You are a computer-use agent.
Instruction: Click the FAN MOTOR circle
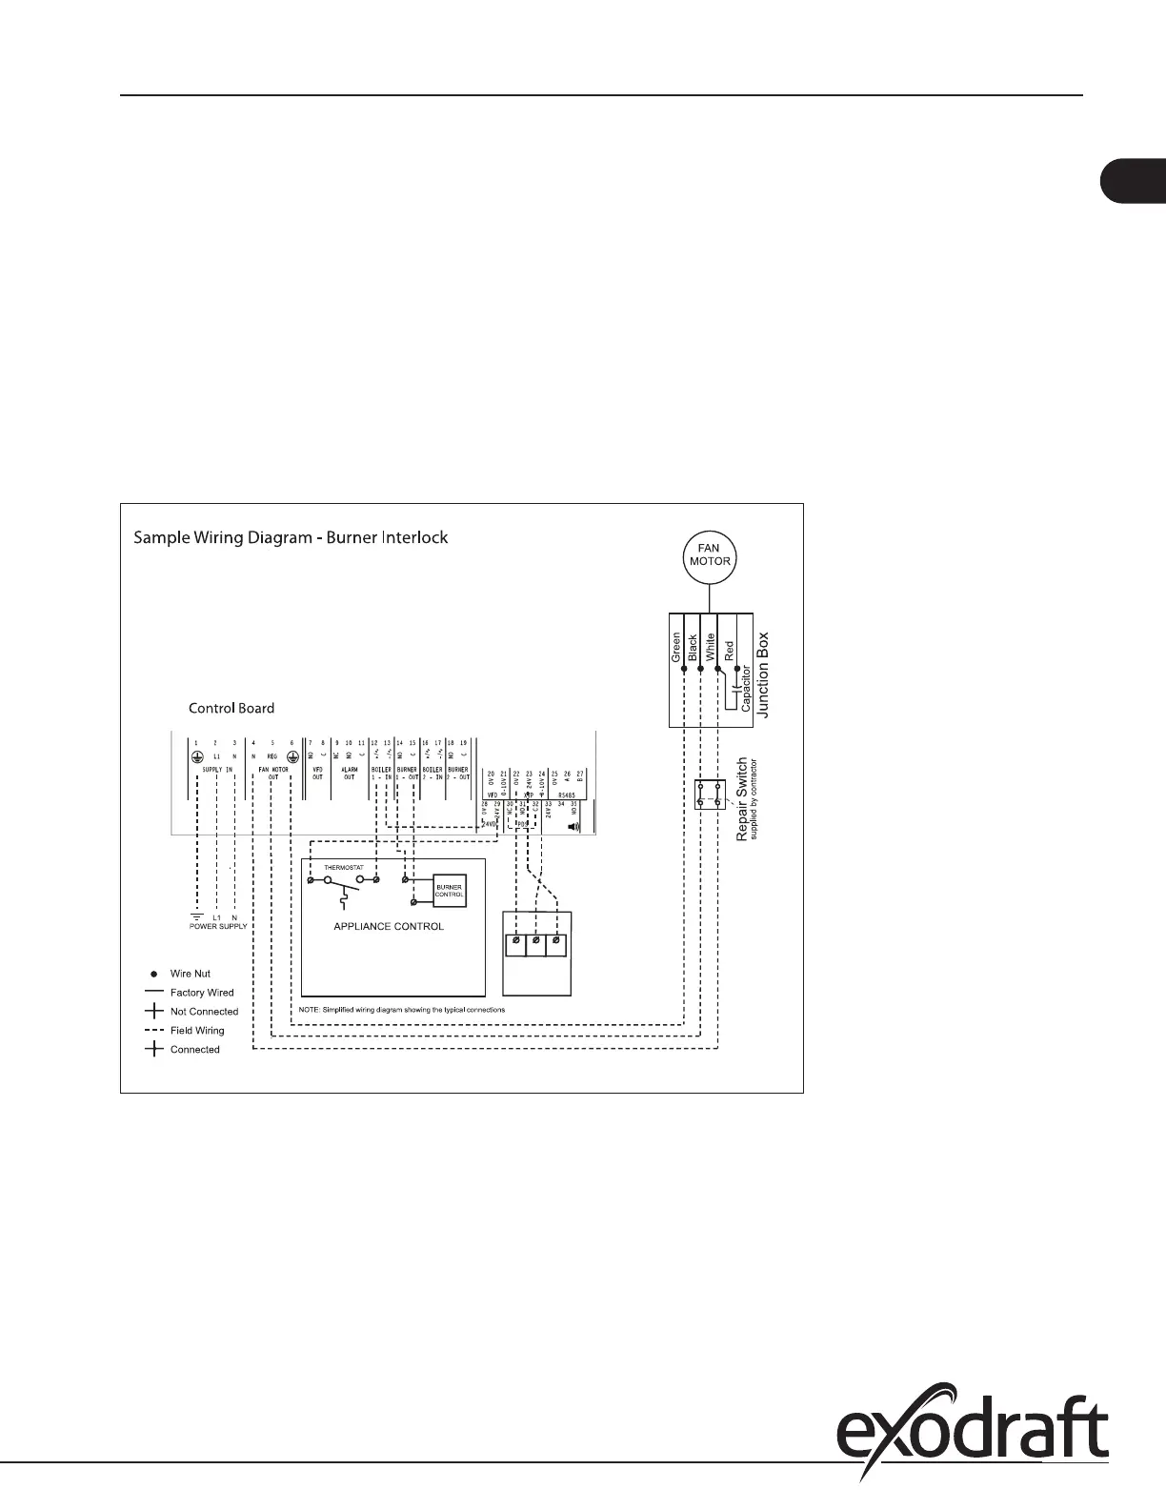(710, 555)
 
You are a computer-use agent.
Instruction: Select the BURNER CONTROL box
(449, 890)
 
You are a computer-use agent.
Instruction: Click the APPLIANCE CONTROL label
(389, 926)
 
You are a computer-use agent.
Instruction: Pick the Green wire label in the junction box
(676, 647)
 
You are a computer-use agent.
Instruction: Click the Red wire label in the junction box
(729, 652)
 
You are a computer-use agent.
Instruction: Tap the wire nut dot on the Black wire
(700, 670)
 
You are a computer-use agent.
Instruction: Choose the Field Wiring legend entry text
(197, 1030)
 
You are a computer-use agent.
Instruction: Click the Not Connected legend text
(204, 1012)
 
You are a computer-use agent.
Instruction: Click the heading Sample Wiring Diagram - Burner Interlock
(291, 537)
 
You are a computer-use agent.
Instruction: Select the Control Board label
(231, 708)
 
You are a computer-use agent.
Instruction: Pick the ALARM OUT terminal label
(349, 774)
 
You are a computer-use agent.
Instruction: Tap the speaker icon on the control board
(573, 827)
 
